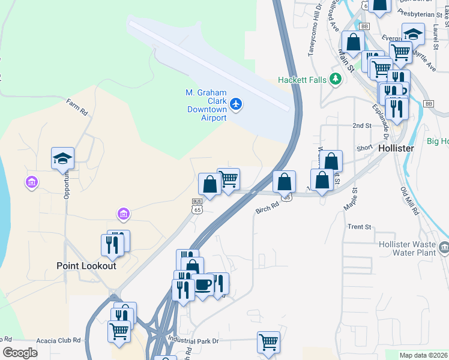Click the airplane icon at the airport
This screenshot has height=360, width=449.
pos(236,104)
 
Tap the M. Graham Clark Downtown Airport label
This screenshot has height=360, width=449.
pos(206,106)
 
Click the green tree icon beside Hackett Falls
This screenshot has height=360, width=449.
pos(336,80)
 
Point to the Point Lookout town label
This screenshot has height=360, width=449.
pos(86,265)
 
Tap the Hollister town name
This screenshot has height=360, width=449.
pos(397,148)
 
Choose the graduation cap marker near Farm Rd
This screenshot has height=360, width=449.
pos(62,158)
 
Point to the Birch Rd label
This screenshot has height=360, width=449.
pos(268,207)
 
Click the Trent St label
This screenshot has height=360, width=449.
pos(360,227)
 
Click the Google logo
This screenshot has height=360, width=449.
pos(20,353)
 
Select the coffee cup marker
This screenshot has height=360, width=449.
pos(203,283)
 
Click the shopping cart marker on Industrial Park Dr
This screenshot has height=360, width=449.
pos(268,342)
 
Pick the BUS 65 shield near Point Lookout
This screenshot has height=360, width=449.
pos(197,206)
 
